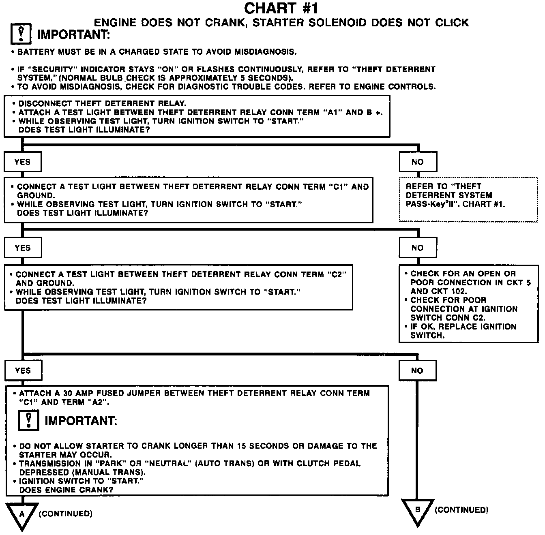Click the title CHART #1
pyautogui.click(x=281, y=8)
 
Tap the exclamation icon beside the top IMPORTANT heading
pyautogui.click(x=21, y=34)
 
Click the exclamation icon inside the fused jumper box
pyautogui.click(x=29, y=420)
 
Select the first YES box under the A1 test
pyautogui.click(x=23, y=162)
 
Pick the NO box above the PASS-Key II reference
pyautogui.click(x=418, y=162)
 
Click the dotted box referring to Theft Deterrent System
pyautogui.click(x=468, y=199)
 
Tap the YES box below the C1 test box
pyautogui.click(x=23, y=248)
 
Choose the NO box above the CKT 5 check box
pyautogui.click(x=418, y=248)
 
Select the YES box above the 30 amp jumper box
pyautogui.click(x=23, y=370)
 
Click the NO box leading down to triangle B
pyautogui.click(x=418, y=370)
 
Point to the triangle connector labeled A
pyautogui.click(x=22, y=515)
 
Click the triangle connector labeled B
pyautogui.click(x=418, y=511)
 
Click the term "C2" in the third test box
pyautogui.click(x=337, y=274)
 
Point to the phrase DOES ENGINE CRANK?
pyautogui.click(x=66, y=490)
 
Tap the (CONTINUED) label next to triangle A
pyautogui.click(x=66, y=514)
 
